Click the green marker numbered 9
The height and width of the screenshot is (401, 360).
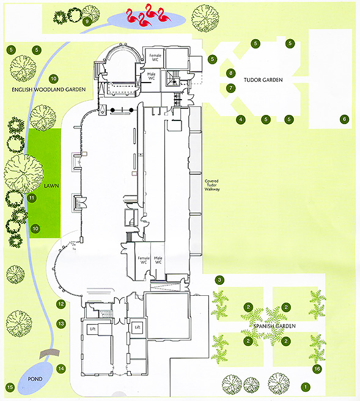(87, 21)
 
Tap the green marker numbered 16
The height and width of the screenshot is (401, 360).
(317, 369)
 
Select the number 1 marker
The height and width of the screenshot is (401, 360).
(306, 387)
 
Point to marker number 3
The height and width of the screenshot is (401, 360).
(219, 280)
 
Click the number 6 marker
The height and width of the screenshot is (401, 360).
(344, 119)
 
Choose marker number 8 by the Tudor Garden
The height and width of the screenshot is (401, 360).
(230, 73)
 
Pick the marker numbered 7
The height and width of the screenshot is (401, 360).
(230, 88)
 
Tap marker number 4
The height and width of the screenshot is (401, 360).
(241, 119)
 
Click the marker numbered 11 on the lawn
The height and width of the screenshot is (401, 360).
(32, 197)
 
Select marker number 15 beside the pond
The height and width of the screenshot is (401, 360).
(10, 387)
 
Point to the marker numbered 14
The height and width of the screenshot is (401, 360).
(61, 369)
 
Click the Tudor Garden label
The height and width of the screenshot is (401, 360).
(263, 80)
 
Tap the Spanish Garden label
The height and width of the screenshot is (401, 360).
(274, 326)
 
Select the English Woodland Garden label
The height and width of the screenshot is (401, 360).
(48, 89)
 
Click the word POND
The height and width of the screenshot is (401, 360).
(35, 379)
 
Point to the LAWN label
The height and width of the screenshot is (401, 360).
(51, 186)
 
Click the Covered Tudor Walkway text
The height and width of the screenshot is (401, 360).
(212, 185)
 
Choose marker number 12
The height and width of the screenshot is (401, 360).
(61, 304)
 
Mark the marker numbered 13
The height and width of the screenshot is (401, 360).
(61, 324)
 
